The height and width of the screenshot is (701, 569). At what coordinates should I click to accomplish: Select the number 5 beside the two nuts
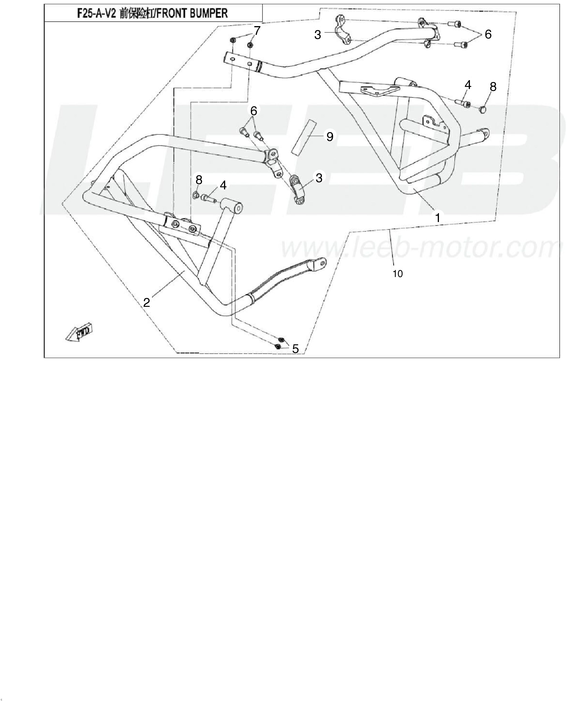[x=295, y=349]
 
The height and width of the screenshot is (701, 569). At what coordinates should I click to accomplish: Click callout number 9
[x=330, y=137]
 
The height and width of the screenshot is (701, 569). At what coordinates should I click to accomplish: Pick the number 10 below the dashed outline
[x=398, y=274]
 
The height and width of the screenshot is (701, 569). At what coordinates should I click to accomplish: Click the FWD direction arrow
[x=79, y=333]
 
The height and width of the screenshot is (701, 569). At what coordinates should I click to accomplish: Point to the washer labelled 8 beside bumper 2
[x=196, y=195]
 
